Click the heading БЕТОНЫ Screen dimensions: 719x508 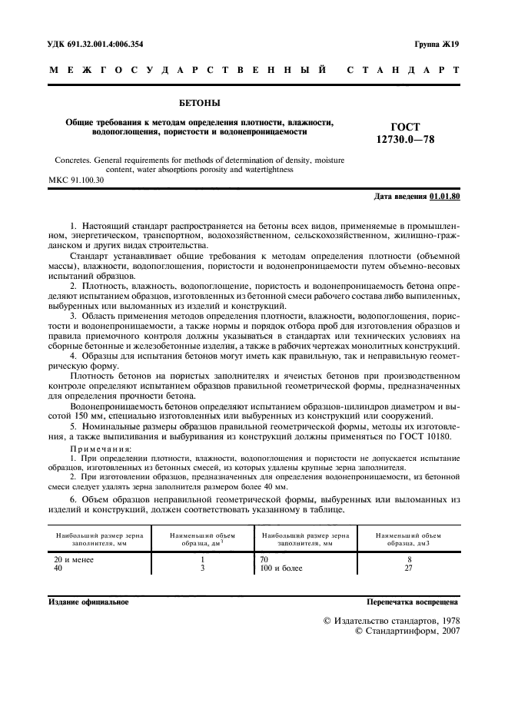[x=199, y=101]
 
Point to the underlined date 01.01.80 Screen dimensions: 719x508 [x=444, y=197]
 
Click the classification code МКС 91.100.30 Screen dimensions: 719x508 [x=76, y=181]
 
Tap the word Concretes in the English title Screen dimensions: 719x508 [x=74, y=161]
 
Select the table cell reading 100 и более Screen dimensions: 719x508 [x=282, y=568]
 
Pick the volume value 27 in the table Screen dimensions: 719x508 [x=409, y=568]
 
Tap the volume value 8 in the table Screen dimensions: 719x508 [x=409, y=560]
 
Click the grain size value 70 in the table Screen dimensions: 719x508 [x=266, y=560]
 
